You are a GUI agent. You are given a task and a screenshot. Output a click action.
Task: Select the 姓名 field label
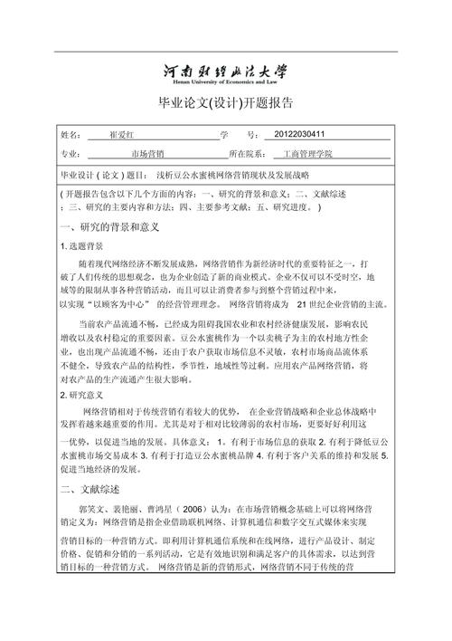click(70, 135)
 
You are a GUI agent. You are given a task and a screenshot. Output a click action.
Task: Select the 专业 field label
click(70, 155)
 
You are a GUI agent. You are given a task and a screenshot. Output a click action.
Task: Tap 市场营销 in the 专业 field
click(148, 155)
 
